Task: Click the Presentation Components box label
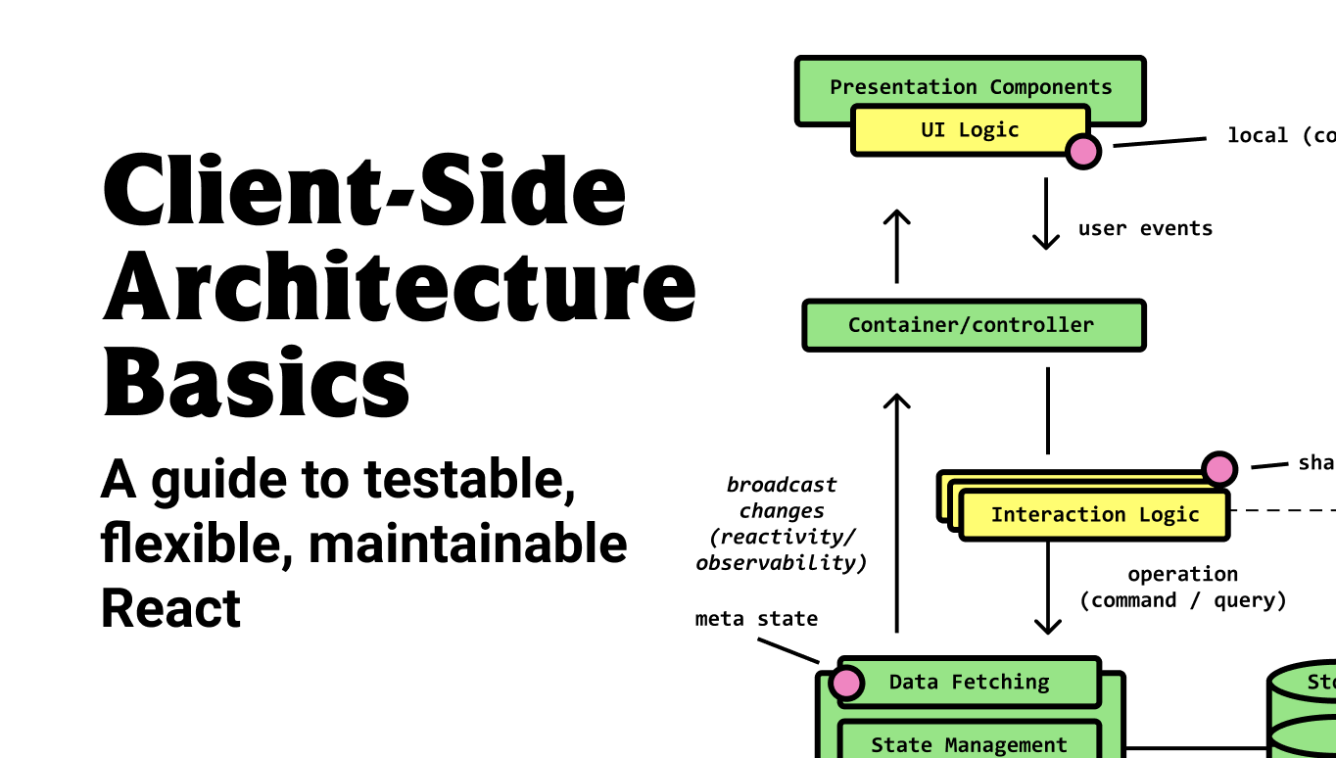pos(971,86)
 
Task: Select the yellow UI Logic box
pos(970,130)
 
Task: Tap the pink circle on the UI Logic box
pos(1083,151)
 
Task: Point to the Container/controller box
pos(973,325)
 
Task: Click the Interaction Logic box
pos(1094,515)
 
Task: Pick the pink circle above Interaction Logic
pos(1219,469)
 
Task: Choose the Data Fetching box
pos(969,683)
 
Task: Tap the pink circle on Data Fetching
pos(846,683)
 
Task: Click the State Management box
pos(969,744)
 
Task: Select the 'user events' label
pos(1145,228)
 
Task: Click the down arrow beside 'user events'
pos(1047,213)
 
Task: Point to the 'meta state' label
pos(756,619)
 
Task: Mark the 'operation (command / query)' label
pos(1182,587)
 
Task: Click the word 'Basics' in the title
pos(257,381)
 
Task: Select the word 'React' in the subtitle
pos(170,608)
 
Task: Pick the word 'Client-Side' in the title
pos(364,190)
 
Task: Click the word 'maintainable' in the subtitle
pos(468,545)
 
